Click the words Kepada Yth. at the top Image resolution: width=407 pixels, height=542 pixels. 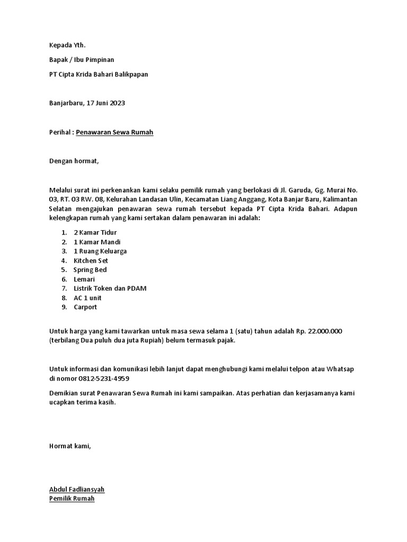click(x=67, y=46)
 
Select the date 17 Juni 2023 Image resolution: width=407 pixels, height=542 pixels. click(x=107, y=103)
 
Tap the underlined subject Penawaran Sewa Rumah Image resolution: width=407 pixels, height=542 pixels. click(x=114, y=132)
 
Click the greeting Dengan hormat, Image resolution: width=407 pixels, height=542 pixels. click(x=74, y=161)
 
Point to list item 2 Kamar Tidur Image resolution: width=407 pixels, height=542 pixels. click(x=95, y=232)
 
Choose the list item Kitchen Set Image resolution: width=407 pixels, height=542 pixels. click(x=91, y=260)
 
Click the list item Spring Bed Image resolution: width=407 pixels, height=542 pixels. click(x=90, y=270)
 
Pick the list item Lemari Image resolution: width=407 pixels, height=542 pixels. click(x=84, y=279)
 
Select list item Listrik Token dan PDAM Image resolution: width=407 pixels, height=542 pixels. click(x=110, y=288)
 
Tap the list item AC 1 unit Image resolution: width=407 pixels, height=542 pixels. click(x=87, y=298)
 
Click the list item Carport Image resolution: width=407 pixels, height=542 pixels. click(x=85, y=307)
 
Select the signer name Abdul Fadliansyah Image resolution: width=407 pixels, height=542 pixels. click(x=77, y=490)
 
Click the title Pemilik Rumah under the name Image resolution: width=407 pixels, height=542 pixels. click(x=72, y=499)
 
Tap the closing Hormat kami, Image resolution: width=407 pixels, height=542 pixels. click(x=70, y=446)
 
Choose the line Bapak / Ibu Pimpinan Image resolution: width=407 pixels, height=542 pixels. click(x=82, y=60)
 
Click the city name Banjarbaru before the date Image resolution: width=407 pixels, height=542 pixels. click(x=66, y=103)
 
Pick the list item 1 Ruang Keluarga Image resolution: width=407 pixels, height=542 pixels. click(x=100, y=251)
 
